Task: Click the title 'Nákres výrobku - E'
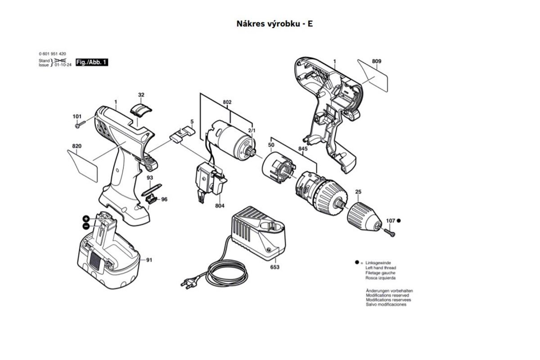coord(274,24)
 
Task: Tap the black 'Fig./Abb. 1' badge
coord(92,62)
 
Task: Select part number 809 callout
coord(377,61)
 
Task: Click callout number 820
coord(76,146)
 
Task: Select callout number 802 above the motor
coord(227,103)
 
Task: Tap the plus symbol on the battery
coord(85,218)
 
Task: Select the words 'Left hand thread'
coord(381,268)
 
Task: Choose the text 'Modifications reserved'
coord(387,295)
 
